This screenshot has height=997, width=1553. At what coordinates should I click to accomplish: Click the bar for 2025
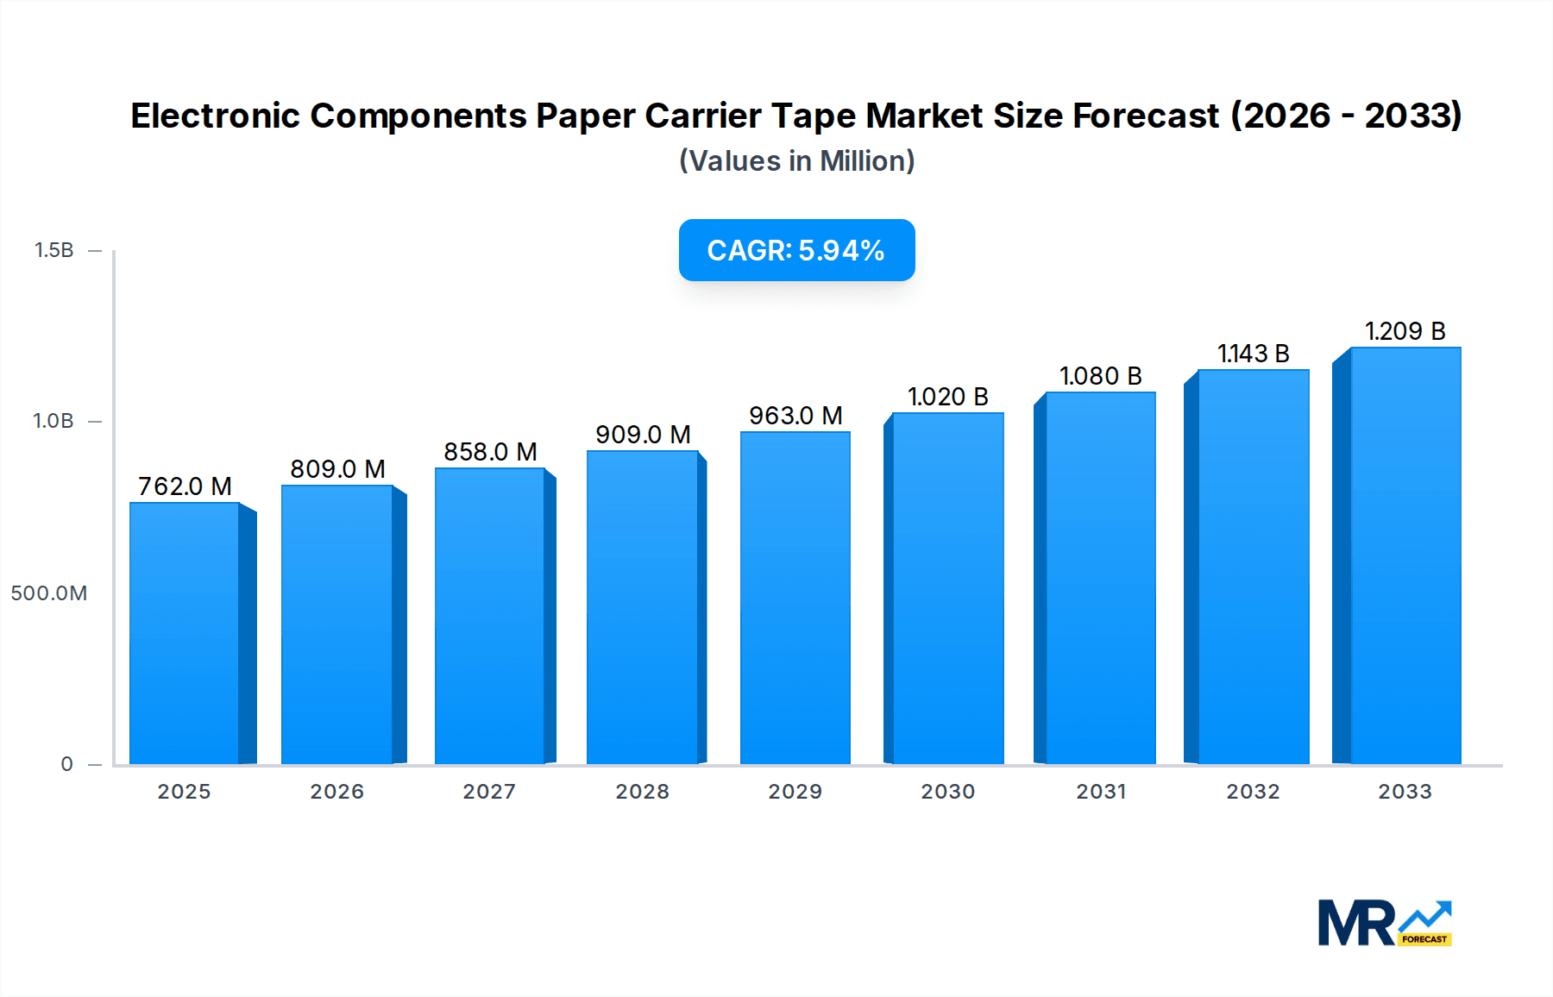(185, 634)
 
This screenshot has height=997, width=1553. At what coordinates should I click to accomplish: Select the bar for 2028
(642, 608)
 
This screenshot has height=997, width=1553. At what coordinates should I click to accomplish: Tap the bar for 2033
(1405, 556)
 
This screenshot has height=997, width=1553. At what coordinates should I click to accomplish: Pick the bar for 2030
(948, 589)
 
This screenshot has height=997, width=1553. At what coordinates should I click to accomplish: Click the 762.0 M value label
(185, 486)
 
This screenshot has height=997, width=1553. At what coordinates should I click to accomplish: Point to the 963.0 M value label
(795, 416)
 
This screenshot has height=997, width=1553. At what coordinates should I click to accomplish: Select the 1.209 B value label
(1405, 331)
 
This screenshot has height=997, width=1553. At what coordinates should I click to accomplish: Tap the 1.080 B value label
(1100, 376)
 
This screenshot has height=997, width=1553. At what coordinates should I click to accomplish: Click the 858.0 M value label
(490, 452)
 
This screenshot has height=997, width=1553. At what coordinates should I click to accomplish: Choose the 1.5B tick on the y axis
(53, 250)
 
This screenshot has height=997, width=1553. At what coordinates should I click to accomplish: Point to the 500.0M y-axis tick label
(49, 593)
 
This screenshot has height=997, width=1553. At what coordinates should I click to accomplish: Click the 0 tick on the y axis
(66, 764)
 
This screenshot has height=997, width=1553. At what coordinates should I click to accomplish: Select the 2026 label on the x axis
(336, 792)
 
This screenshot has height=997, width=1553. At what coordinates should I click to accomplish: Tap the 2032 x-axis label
(1253, 792)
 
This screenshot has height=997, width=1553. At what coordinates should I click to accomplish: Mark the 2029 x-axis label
(795, 792)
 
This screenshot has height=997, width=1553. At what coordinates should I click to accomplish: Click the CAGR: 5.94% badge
(796, 250)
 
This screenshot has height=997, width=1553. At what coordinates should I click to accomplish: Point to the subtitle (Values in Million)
(796, 161)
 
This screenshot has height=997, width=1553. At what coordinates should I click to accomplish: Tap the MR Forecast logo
(1384, 923)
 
